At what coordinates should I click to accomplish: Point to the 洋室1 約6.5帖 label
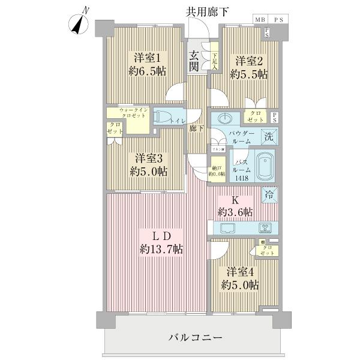coord(146,64)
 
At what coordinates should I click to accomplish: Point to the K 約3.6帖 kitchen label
coord(235,206)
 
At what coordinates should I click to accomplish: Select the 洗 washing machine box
coord(271,136)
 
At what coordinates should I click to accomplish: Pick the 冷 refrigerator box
coord(269,194)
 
